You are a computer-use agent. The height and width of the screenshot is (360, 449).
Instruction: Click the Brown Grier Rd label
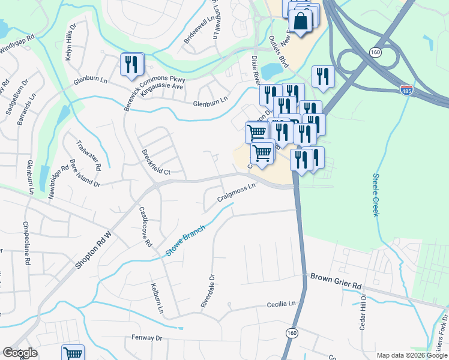pos(336,278)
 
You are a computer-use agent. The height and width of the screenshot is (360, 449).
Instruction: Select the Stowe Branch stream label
pos(185,241)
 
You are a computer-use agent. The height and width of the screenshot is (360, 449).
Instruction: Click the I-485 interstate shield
pos(407,90)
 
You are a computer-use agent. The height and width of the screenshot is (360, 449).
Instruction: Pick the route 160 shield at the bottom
pos(292,332)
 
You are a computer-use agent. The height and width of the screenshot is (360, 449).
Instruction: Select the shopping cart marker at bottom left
pos(73,353)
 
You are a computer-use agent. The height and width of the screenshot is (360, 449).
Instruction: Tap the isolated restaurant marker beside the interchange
pos(323,77)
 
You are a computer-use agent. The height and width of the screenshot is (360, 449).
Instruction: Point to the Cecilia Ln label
pos(282,305)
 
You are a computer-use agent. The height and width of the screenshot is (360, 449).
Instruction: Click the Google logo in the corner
pos(20,353)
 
